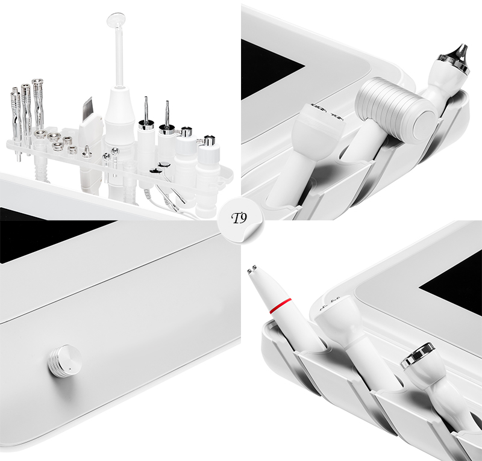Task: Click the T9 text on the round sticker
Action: (239, 218)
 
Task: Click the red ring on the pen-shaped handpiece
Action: (280, 306)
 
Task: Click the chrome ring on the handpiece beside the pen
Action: (417, 355)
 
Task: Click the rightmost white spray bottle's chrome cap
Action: (208, 141)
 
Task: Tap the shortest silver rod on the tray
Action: (16, 123)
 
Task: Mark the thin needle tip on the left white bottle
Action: (146, 109)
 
